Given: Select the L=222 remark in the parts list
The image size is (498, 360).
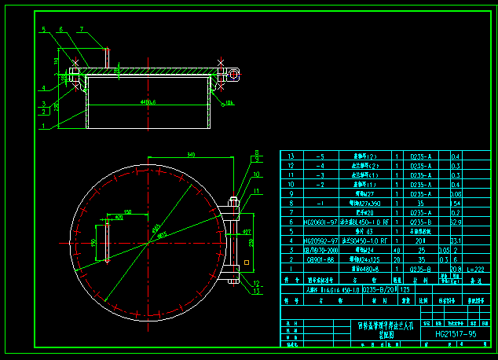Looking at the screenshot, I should (x=475, y=269).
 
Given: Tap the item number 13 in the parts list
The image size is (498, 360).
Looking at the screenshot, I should (x=291, y=156).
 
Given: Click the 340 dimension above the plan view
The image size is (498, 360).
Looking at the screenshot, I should (x=191, y=155).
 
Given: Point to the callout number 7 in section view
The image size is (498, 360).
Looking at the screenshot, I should (x=81, y=29).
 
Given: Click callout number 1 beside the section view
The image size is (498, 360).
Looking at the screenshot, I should (x=44, y=125).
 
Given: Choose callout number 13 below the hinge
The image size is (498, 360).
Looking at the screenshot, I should (x=256, y=291).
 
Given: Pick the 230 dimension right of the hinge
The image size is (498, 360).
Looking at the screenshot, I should (x=251, y=243).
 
